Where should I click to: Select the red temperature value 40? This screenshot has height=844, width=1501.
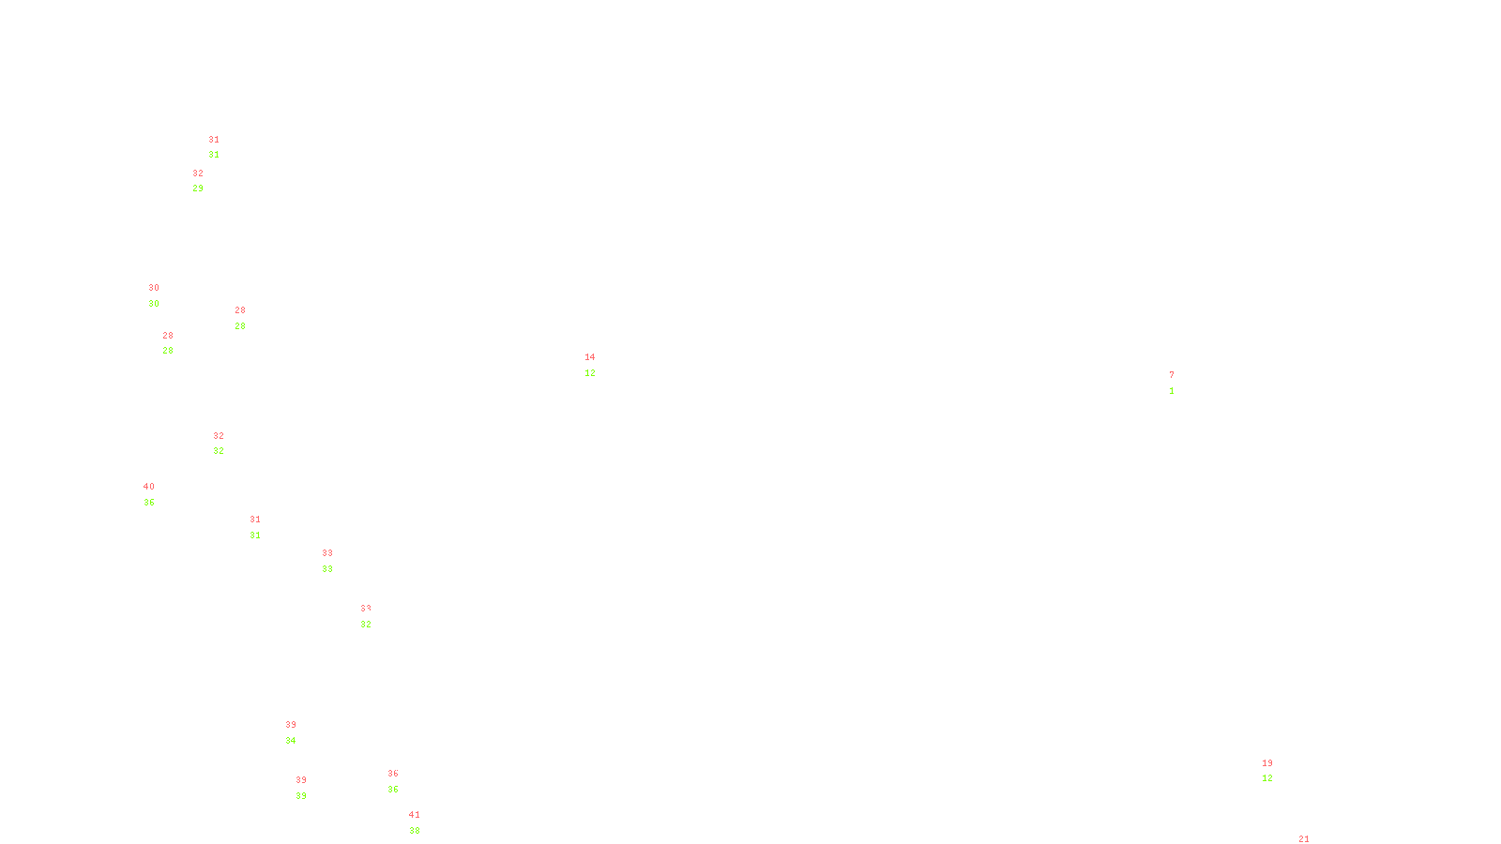[149, 487]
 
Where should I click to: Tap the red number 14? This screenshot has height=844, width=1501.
[590, 357]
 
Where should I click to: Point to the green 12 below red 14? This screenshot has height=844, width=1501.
[590, 373]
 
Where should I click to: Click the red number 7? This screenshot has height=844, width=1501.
[1172, 375]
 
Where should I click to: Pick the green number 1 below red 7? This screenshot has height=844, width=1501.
[1172, 391]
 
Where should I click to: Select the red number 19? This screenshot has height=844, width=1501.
[1267, 763]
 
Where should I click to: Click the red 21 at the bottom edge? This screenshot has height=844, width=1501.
[1304, 839]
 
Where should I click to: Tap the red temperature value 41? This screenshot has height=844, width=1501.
[415, 815]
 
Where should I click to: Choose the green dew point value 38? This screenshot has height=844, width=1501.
[415, 831]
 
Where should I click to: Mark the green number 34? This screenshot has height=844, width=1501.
[291, 741]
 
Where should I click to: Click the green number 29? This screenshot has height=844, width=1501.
[198, 188]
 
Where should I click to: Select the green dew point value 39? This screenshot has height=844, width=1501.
[301, 796]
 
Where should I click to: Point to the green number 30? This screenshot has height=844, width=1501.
[154, 304]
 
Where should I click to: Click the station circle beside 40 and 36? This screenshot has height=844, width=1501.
[159, 494]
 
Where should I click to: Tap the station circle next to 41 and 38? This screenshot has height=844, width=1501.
[424, 823]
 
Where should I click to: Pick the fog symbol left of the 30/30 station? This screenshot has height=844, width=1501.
[155, 296]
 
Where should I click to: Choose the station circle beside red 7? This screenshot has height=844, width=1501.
[1177, 383]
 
